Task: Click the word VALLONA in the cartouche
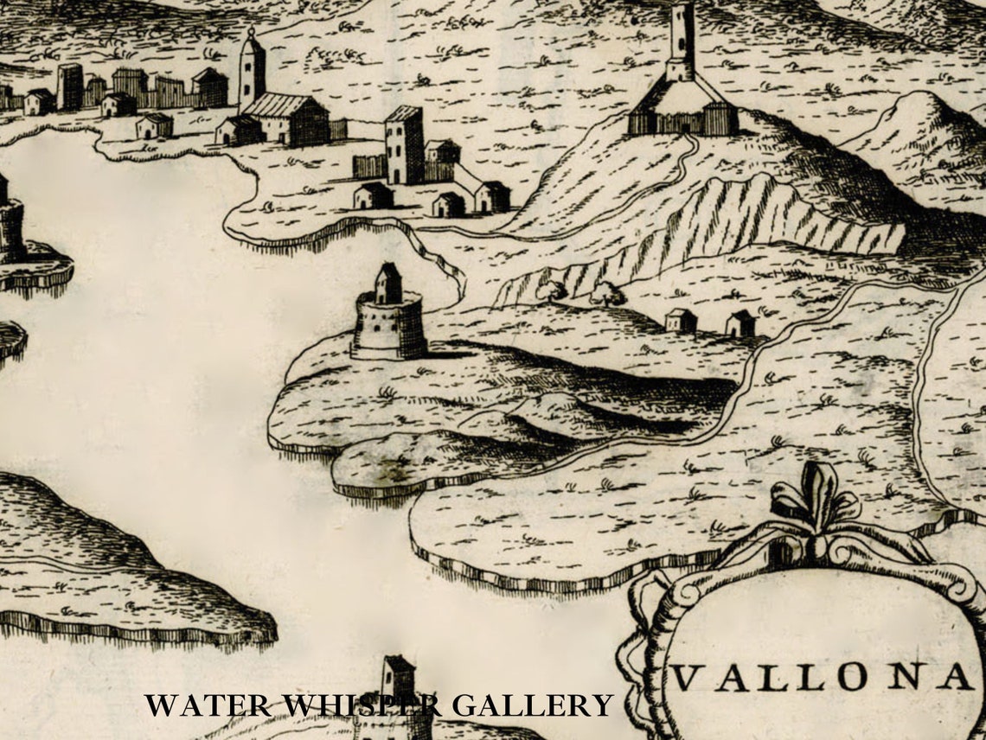pyautogui.click(x=823, y=678)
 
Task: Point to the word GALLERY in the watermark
pyautogui.click(x=532, y=705)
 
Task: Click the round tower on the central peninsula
pyautogui.click(x=388, y=327)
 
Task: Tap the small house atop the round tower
pyautogui.click(x=388, y=283)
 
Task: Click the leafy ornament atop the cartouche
pyautogui.click(x=813, y=501)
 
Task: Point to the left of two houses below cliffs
pyautogui.click(x=681, y=321)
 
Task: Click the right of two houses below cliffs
pyautogui.click(x=739, y=323)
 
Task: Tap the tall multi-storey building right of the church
pyautogui.click(x=404, y=144)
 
